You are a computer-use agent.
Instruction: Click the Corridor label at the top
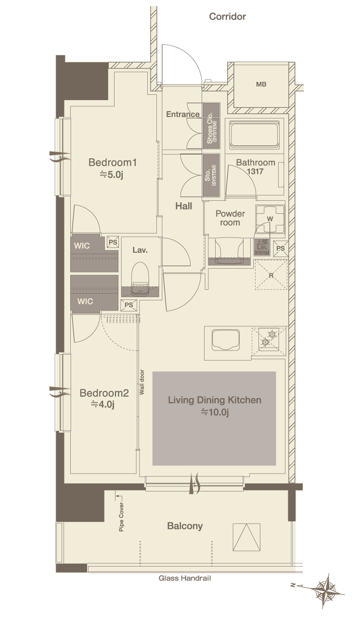[228, 16]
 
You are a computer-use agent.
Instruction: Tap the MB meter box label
[261, 84]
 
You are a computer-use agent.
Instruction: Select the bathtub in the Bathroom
[254, 135]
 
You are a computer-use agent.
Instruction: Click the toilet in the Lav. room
[140, 278]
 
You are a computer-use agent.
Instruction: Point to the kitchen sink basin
[226, 340]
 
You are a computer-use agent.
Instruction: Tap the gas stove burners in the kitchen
[269, 338]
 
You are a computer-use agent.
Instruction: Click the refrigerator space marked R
[271, 275]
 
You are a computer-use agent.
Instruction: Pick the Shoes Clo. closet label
[211, 128]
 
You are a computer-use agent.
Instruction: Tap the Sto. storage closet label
[210, 175]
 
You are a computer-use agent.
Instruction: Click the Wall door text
[142, 382]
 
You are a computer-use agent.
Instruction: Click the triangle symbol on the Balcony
[246, 537]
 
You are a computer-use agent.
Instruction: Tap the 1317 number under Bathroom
[255, 171]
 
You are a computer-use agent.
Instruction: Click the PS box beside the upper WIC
[113, 242]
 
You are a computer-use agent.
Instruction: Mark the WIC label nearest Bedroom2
[85, 301]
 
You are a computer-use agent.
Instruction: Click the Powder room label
[230, 218]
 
